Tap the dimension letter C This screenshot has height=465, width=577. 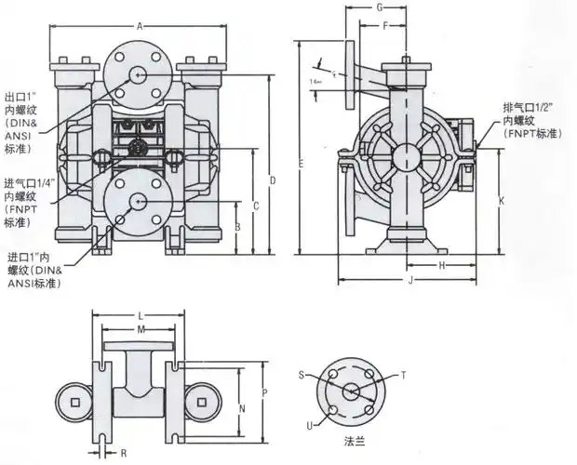254,205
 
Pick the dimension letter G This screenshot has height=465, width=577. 380,7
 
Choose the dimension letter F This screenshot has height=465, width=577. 385,26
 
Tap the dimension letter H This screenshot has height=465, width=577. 441,266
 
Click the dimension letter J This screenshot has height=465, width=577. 409,280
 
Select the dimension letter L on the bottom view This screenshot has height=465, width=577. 140,315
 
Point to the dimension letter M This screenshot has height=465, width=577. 141,330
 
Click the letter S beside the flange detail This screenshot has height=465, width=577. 301,373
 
